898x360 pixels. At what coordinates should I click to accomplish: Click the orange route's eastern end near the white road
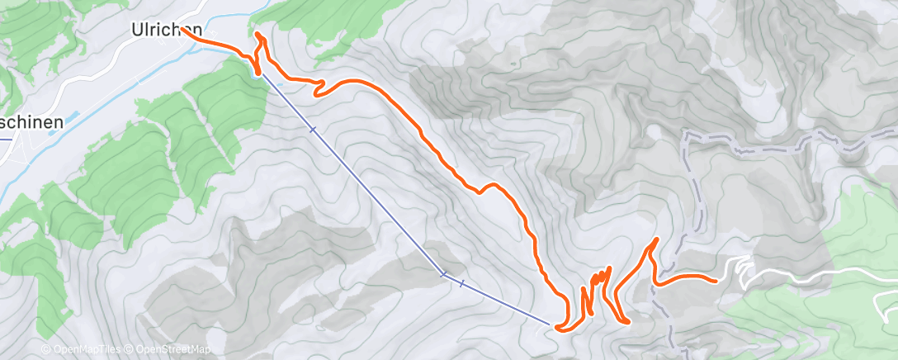(715, 280)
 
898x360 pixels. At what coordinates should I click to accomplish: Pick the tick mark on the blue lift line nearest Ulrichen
(313, 130)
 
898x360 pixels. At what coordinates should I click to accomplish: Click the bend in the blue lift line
(444, 274)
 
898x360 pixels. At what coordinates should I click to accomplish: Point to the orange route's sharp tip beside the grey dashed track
(657, 239)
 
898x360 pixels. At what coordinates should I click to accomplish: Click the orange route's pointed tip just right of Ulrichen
(258, 35)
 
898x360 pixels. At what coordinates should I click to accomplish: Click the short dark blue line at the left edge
(4, 138)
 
